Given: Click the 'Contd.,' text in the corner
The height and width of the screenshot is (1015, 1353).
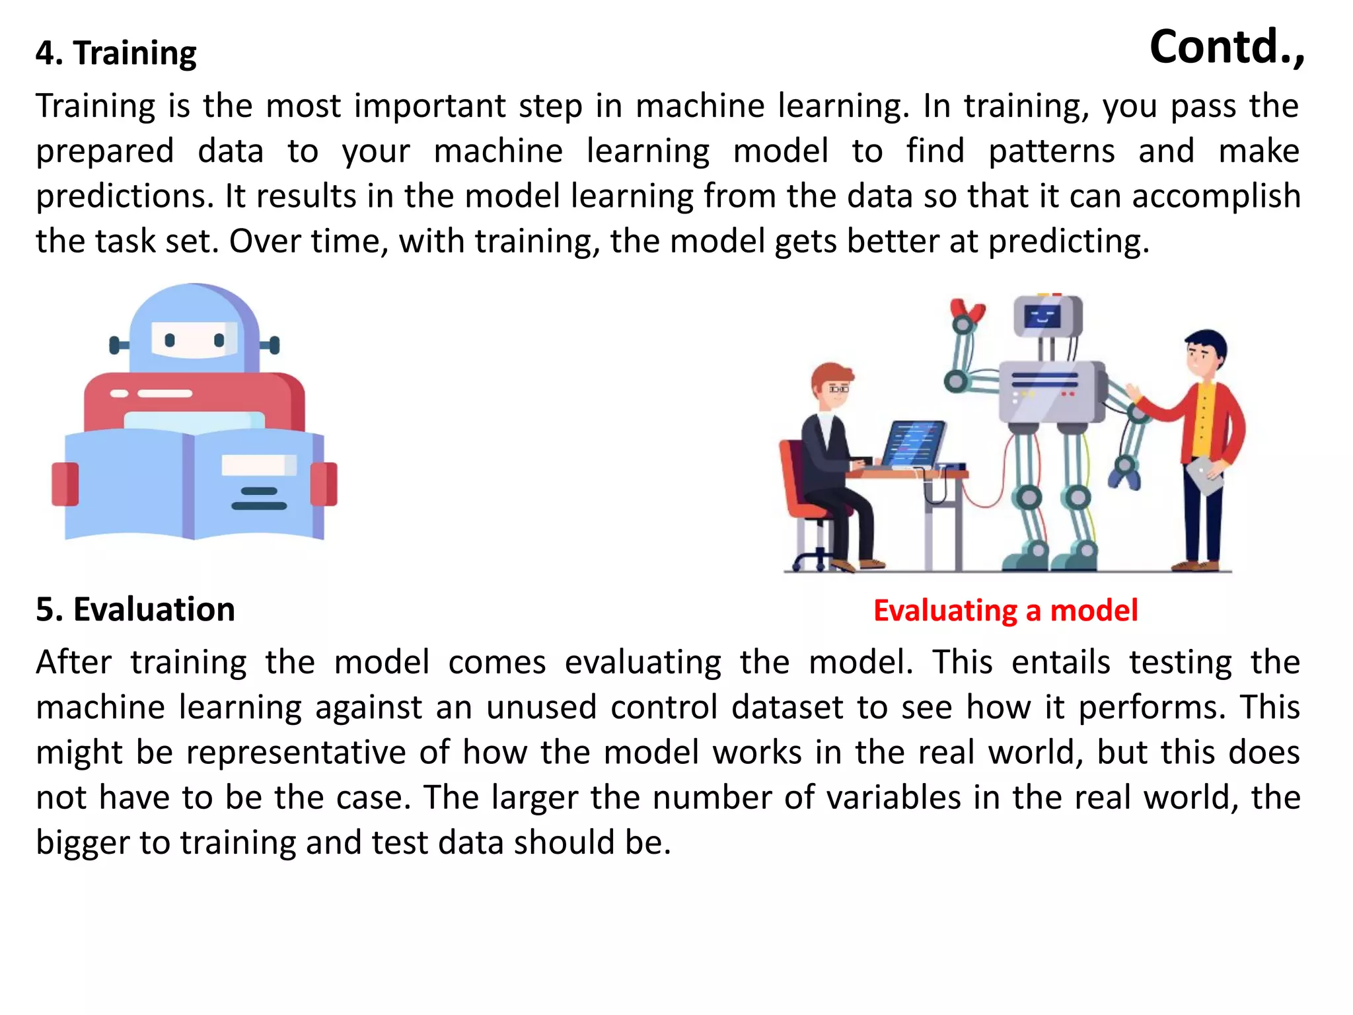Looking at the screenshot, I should coord(1227,48).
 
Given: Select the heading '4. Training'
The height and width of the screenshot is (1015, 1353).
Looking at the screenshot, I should coord(116,53).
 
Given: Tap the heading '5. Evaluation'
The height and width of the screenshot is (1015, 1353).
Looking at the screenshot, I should coord(135,609).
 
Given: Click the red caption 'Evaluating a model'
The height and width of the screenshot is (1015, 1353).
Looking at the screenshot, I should coord(1006,611).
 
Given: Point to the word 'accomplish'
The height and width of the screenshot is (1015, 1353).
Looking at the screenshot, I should coord(1216,196).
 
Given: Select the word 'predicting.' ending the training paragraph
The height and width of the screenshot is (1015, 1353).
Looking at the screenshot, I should coord(1069,241).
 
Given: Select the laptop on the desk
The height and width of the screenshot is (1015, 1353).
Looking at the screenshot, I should coord(914,445).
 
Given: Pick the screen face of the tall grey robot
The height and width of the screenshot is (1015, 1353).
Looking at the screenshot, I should coord(1042,317).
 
